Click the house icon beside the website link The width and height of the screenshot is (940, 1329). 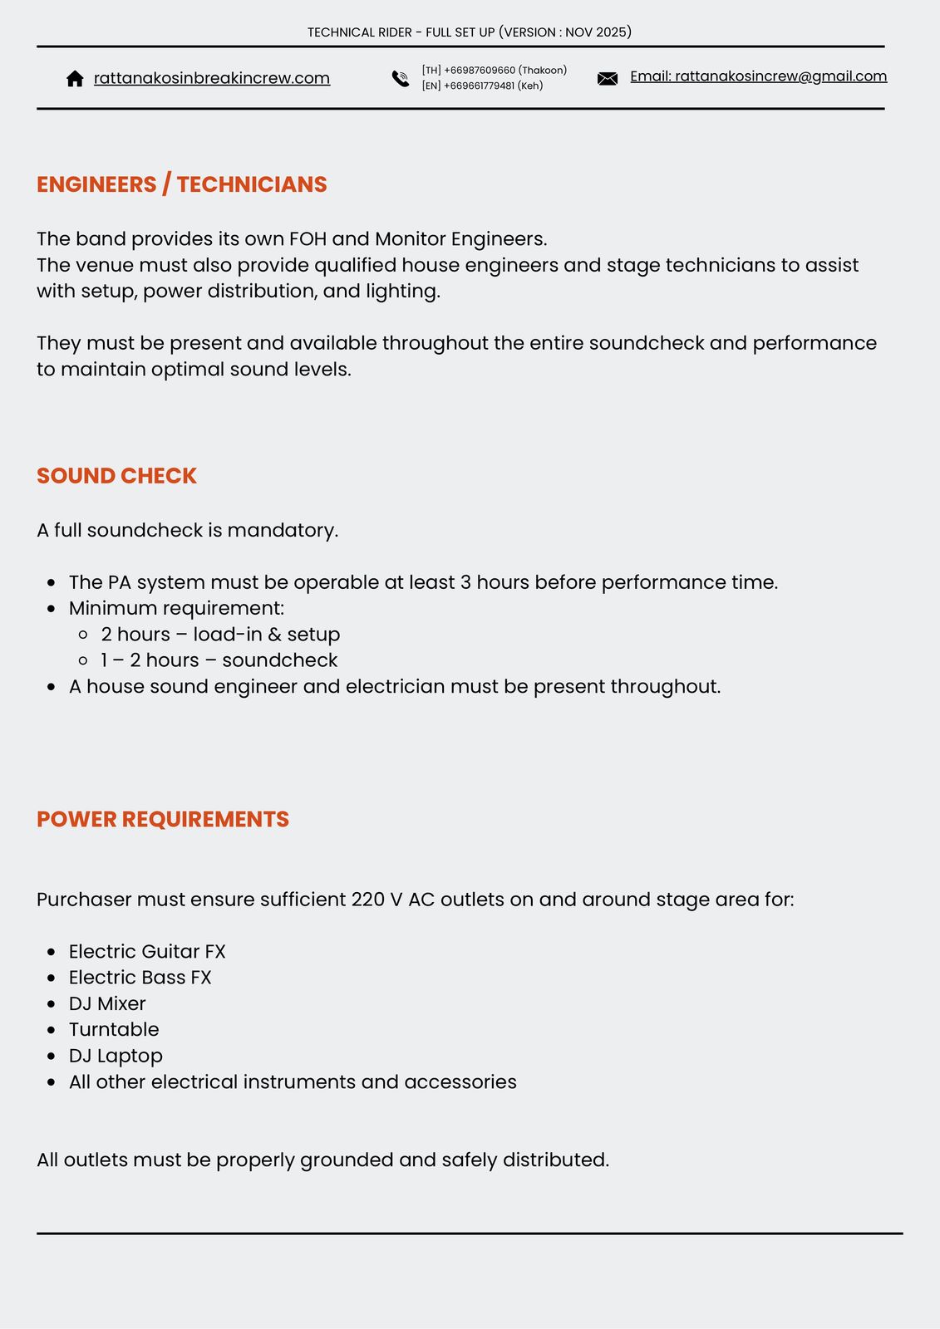coord(75,78)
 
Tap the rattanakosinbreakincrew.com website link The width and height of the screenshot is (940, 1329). coord(211,78)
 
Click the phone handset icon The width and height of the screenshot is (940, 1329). coord(401,79)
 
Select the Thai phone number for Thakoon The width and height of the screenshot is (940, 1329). coord(494,71)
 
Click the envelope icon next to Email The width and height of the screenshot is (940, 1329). coord(608,79)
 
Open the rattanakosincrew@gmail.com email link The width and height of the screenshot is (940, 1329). coord(758,76)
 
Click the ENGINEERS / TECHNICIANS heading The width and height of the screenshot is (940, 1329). coord(181,184)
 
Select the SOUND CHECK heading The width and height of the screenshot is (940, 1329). coord(116,476)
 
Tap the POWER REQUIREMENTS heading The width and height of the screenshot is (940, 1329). coord(163,819)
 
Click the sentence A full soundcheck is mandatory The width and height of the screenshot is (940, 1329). coord(187,530)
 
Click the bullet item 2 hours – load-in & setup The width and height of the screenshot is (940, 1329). coord(220,635)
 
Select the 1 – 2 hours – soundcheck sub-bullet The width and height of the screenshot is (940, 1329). coord(219,660)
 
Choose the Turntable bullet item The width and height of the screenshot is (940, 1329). coord(114,1030)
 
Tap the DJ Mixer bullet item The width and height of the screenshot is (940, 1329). coord(107,1003)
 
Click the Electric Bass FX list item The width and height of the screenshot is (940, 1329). coord(140,978)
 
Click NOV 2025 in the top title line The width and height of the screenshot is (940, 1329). coord(595,32)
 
